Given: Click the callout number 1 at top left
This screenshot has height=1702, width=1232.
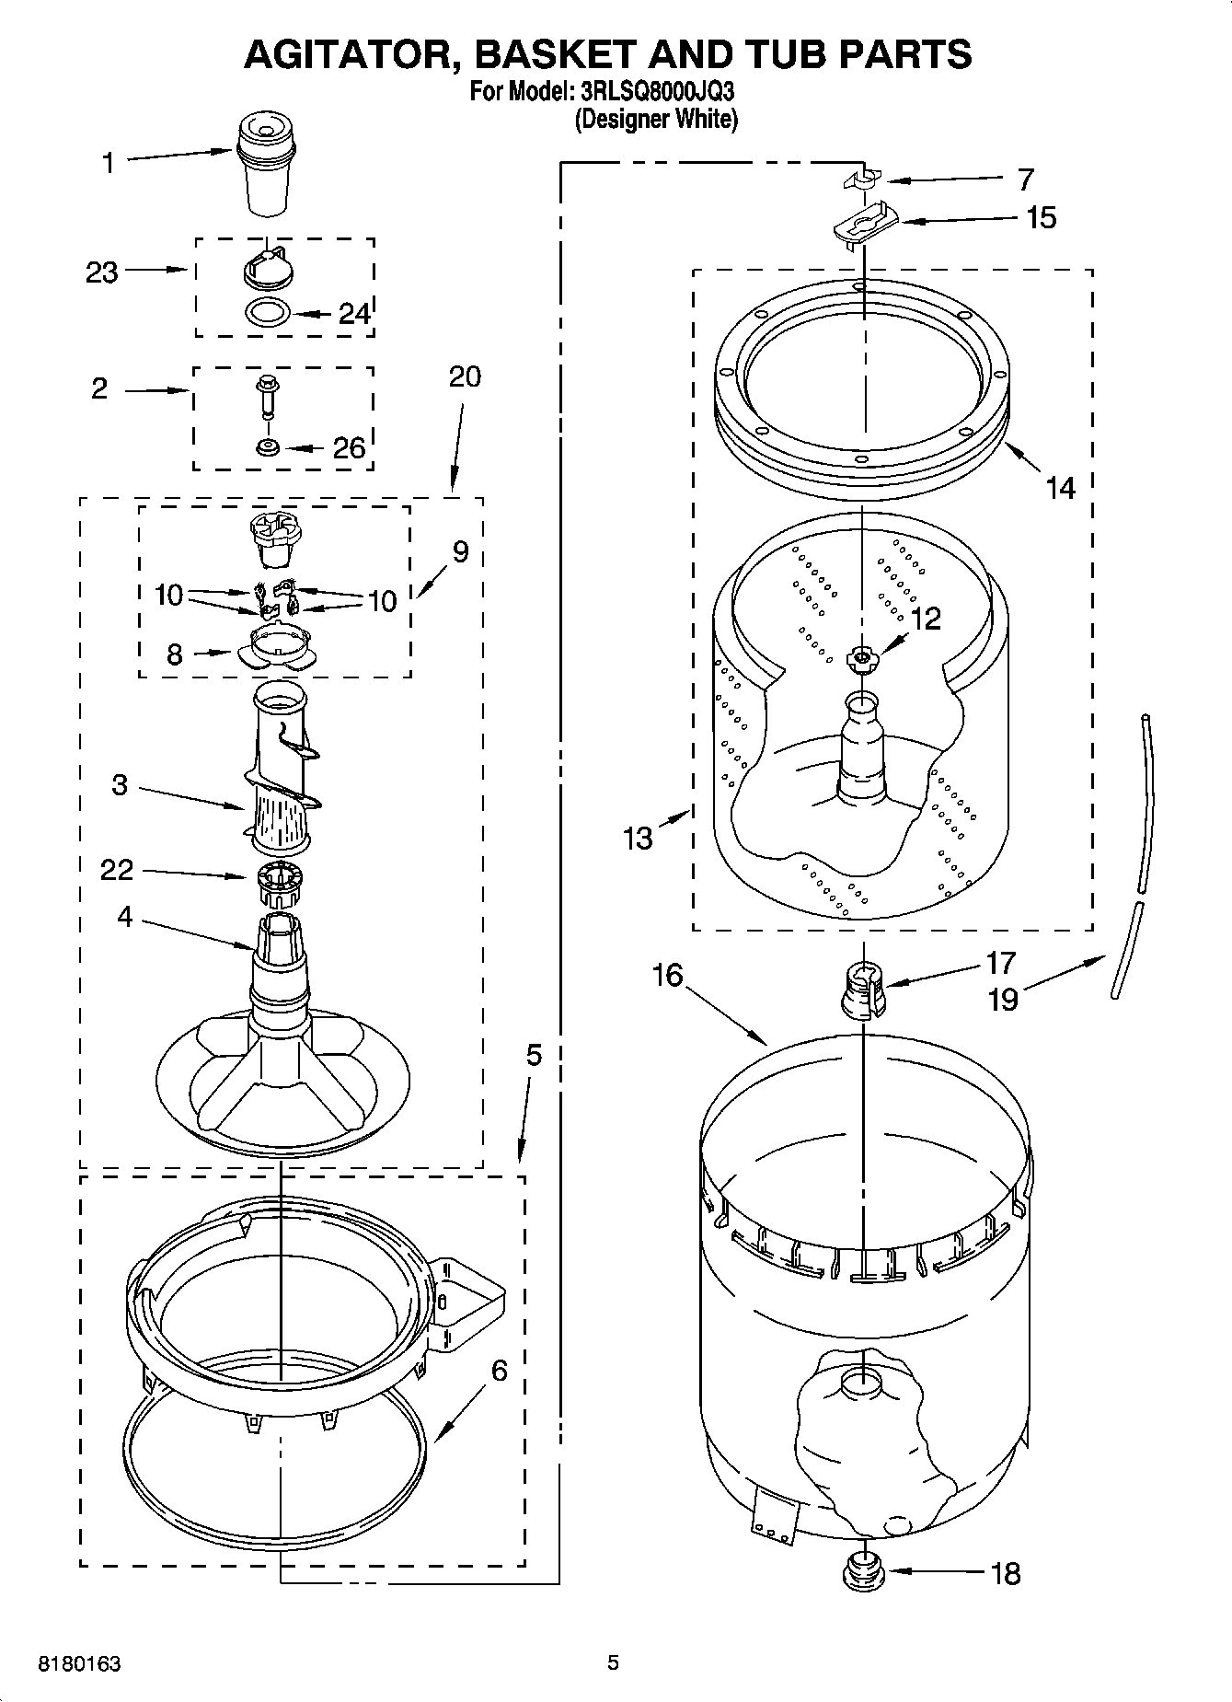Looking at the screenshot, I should (109, 164).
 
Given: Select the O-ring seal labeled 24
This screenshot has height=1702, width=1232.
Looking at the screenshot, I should (268, 313).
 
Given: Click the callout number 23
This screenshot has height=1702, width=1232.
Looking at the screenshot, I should (102, 272).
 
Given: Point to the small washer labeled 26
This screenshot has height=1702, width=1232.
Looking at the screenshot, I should (269, 448).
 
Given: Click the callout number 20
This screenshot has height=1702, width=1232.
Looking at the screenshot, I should (466, 376).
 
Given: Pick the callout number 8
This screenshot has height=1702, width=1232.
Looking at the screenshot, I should (175, 654).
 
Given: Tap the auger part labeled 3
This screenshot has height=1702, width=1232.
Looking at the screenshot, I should (279, 782).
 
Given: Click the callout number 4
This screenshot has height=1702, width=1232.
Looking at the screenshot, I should (124, 917).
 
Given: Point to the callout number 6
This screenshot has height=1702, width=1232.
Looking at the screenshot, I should (499, 1371).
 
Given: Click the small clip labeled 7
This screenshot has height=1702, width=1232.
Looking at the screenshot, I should (862, 179).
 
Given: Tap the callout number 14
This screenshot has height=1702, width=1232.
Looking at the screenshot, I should (1061, 487).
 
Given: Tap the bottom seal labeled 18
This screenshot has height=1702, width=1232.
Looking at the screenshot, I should (862, 1570).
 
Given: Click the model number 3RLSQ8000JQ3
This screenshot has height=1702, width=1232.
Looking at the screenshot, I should (658, 92).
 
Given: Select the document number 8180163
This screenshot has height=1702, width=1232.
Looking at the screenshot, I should (79, 1663).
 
